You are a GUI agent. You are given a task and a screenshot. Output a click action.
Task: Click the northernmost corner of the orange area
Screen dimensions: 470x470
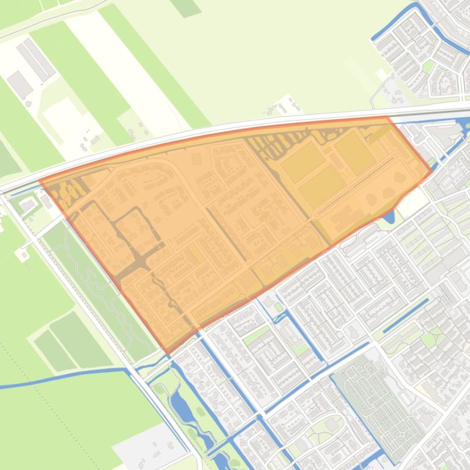[x=386, y=117]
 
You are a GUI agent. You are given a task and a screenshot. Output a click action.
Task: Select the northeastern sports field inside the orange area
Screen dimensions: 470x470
[x=354, y=152]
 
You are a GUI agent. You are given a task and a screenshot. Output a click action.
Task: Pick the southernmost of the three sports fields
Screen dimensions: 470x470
[x=321, y=186]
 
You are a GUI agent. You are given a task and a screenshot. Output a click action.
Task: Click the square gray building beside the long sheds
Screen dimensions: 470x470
[x=19, y=84]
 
